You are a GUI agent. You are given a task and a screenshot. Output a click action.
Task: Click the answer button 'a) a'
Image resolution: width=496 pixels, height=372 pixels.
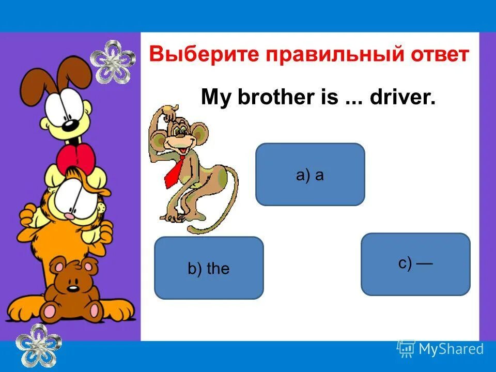tap(310, 175)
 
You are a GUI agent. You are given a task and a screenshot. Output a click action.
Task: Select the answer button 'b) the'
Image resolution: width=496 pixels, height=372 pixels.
tap(209, 268)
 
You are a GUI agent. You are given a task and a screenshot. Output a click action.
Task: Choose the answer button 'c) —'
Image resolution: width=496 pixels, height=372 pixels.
tap(415, 264)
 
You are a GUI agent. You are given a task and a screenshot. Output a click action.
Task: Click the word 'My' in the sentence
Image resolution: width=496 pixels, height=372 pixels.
tap(215, 97)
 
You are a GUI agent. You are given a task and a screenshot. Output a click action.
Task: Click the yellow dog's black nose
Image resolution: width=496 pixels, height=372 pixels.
tap(68, 126)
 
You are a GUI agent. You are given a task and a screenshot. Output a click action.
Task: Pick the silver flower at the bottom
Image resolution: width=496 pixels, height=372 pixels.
tap(38, 344)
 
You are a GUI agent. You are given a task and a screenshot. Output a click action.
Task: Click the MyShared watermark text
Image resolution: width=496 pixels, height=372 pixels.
tap(451, 349)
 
